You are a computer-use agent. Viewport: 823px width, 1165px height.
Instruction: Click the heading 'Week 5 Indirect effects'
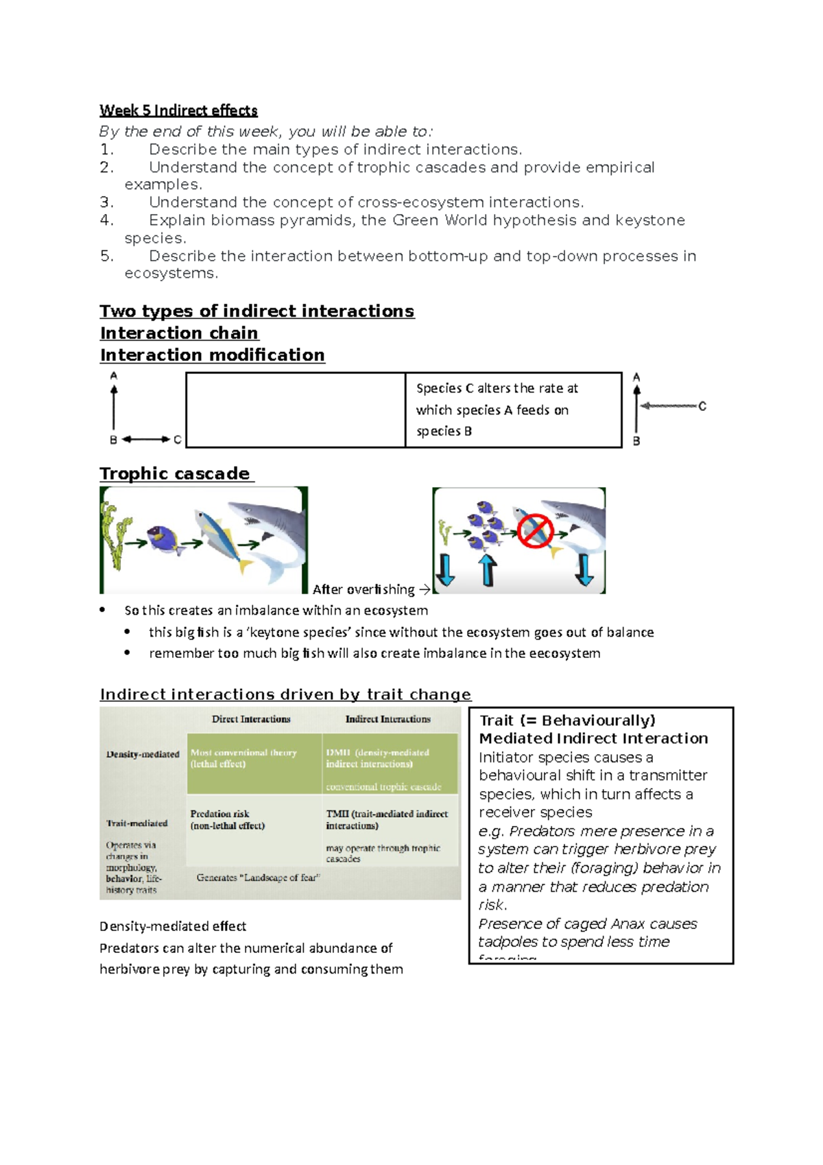(178, 110)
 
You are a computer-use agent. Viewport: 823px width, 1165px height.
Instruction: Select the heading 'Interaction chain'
(179, 333)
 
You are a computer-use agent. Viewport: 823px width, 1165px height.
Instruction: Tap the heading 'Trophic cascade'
(175, 473)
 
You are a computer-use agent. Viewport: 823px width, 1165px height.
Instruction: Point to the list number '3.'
(106, 202)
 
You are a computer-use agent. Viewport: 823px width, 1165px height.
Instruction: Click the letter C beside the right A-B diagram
(702, 406)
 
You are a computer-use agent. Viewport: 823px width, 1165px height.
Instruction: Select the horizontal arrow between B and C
(145, 439)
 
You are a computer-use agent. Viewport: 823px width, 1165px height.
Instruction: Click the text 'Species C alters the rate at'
(497, 388)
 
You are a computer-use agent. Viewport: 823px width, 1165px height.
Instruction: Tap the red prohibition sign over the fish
(535, 530)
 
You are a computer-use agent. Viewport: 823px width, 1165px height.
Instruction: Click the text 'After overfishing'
(363, 589)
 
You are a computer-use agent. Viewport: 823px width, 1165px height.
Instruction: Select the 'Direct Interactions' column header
(251, 719)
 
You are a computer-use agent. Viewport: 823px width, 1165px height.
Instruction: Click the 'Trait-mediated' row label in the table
(136, 823)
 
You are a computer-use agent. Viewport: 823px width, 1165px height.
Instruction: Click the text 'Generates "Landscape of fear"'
(259, 878)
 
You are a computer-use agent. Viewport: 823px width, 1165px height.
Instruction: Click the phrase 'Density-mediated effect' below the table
(173, 926)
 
